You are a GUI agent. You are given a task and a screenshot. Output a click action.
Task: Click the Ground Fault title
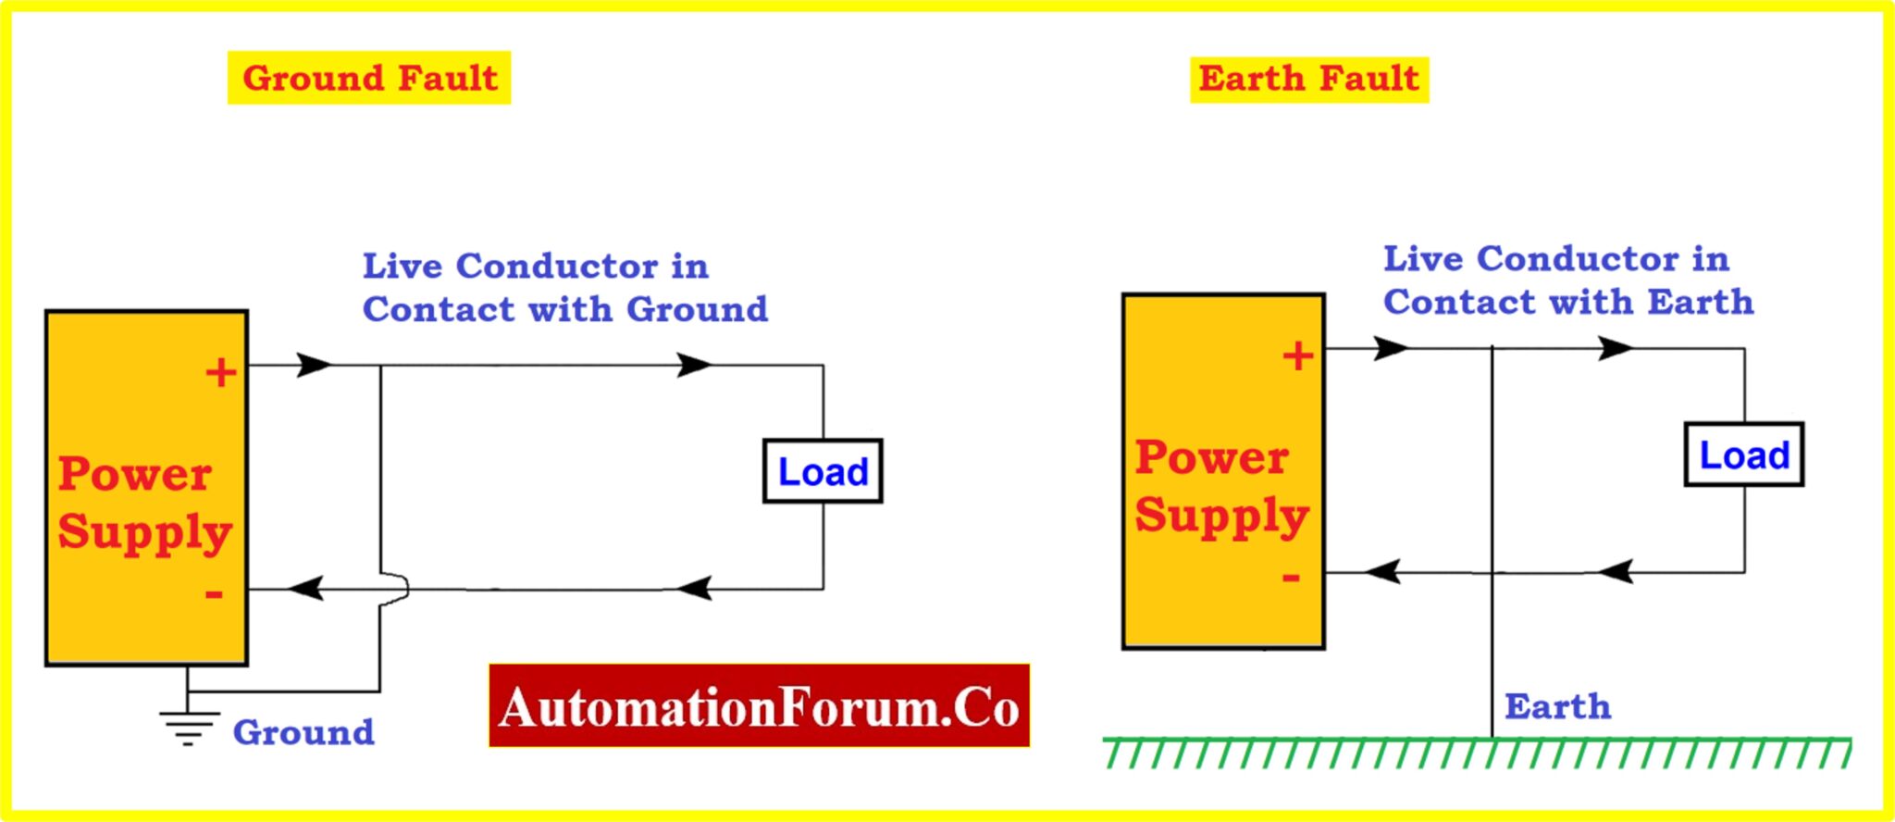[x=369, y=78]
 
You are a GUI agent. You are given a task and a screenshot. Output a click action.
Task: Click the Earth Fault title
[x=1308, y=78]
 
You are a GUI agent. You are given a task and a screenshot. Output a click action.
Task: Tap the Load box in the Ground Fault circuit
[x=823, y=471]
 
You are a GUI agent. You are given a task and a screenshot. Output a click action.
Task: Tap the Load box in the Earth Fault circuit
[x=1743, y=455]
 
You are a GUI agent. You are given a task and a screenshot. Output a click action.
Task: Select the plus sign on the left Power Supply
[x=220, y=372]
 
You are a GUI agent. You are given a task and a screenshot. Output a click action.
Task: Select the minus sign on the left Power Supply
[x=214, y=593]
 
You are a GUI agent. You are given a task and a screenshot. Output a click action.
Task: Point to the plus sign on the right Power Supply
[x=1297, y=355]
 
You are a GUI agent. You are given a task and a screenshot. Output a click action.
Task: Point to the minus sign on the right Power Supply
[x=1291, y=578]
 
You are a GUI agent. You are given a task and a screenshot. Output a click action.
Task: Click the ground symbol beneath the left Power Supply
[x=188, y=727]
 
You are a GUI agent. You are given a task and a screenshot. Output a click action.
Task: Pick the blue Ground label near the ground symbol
[x=303, y=732]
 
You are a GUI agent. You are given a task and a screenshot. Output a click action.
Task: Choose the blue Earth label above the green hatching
[x=1557, y=706]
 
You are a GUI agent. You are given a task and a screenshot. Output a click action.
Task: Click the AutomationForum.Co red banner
[x=759, y=706]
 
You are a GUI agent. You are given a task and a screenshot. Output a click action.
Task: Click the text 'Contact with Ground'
[x=564, y=309]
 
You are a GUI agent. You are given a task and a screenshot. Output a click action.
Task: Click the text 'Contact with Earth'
[x=1568, y=302]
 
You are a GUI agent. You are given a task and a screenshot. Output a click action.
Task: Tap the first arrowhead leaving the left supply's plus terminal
[x=313, y=365]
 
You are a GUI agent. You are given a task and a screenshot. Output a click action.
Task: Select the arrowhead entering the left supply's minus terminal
[x=304, y=588]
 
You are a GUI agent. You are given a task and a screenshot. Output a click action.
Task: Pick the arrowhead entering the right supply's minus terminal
[x=1383, y=571]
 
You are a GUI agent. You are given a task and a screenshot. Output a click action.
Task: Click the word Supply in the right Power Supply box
[x=1221, y=516]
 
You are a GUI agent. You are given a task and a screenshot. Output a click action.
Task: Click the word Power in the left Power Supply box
[x=135, y=474]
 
